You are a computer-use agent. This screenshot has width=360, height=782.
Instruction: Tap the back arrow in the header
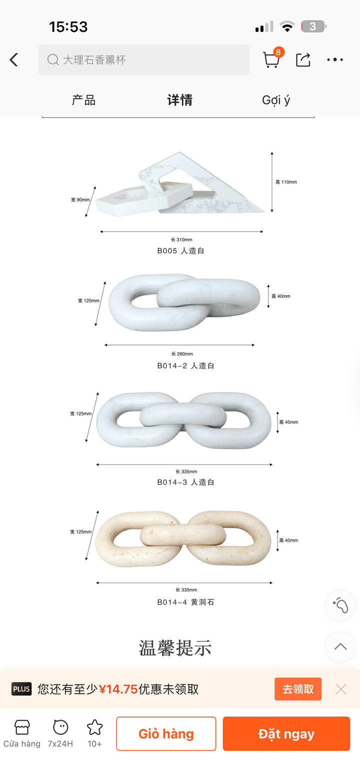(x=14, y=59)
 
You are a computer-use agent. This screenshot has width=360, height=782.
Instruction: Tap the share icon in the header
(x=302, y=59)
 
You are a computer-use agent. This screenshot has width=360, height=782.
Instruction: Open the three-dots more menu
(x=335, y=59)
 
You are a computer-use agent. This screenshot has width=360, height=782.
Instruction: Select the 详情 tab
(x=180, y=100)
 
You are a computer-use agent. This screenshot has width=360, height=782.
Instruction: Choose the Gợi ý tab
(x=276, y=100)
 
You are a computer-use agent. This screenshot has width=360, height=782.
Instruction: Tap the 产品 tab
(x=84, y=100)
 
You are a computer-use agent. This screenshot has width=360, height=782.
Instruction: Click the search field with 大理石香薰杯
(x=144, y=59)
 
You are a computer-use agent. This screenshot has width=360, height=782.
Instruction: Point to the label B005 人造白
(x=180, y=250)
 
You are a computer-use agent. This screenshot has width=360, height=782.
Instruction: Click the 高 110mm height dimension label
(x=286, y=182)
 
